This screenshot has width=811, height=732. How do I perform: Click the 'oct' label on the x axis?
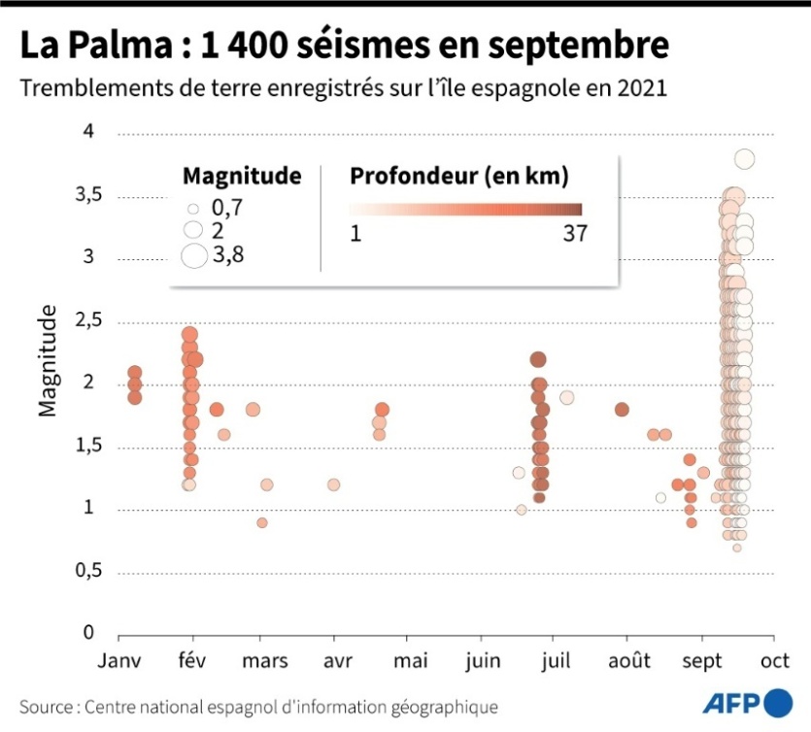[774, 661]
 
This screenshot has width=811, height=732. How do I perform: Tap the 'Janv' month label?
[118, 661]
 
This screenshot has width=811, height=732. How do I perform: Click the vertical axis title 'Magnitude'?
[47, 360]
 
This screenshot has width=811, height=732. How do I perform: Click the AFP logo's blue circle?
[778, 703]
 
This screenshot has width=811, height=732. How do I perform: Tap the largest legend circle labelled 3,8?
[194, 255]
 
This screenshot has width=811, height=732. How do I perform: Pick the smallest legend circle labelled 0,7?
[193, 208]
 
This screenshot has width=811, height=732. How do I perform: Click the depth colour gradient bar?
[465, 209]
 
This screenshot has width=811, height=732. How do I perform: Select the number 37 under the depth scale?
[574, 234]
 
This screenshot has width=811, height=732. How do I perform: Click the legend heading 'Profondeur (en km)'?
[458, 176]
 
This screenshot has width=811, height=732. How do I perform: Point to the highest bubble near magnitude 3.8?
[745, 159]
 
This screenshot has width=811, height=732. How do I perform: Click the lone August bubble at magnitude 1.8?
[622, 409]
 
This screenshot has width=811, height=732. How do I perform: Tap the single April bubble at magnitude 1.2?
[334, 484]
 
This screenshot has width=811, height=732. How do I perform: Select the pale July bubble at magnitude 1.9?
[567, 397]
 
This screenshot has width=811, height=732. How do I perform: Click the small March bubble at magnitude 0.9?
[261, 522]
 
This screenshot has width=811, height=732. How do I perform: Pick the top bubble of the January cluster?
[135, 373]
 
